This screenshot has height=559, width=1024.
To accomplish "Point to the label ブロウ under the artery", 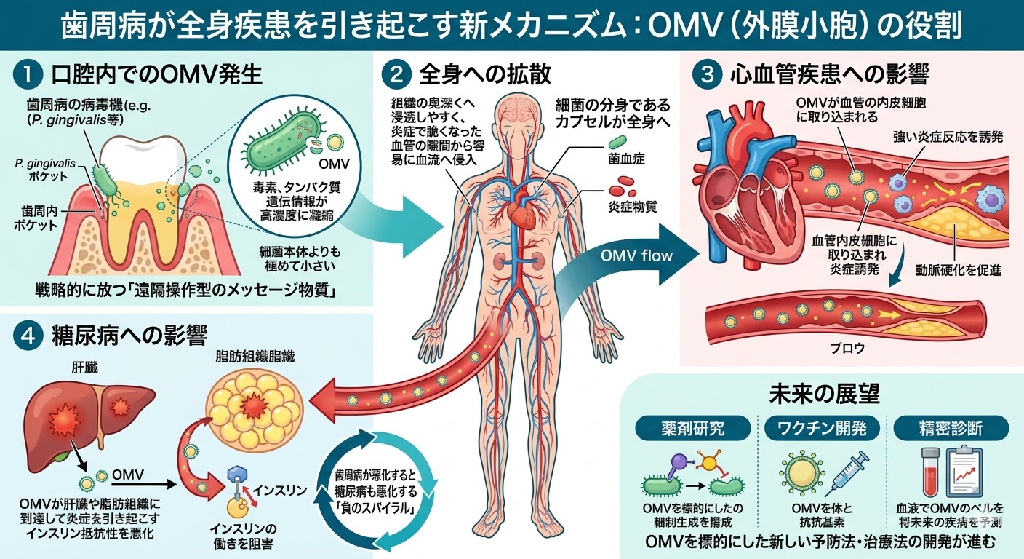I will tap(848, 348).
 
